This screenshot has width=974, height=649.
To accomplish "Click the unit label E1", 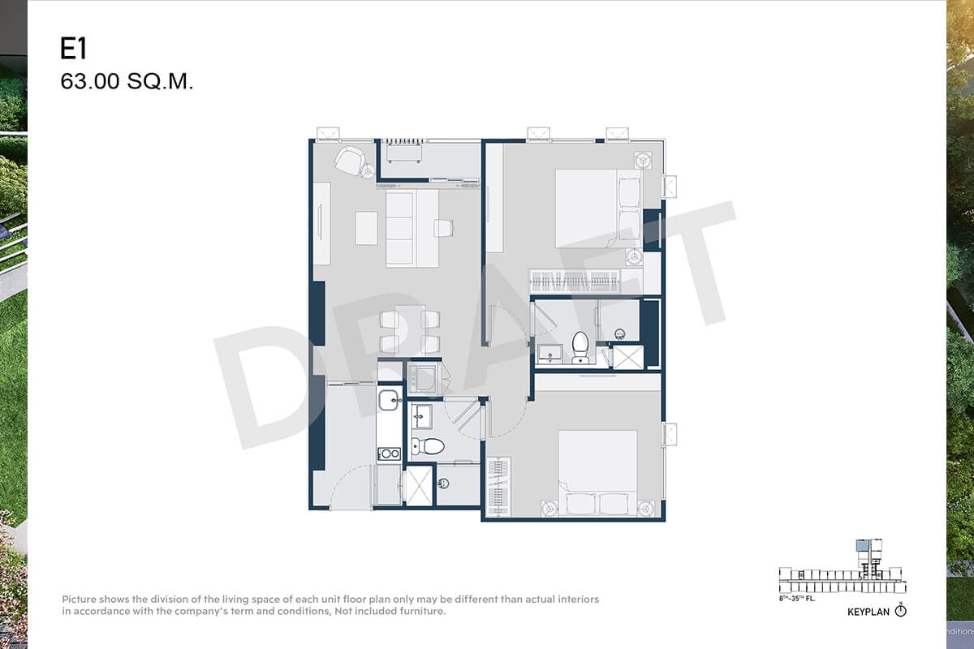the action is point(74,48).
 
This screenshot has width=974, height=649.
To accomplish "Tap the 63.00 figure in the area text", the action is point(90,81).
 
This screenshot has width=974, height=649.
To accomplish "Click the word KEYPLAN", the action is point(868,612).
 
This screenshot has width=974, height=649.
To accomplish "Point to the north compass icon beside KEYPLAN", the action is point(900,610).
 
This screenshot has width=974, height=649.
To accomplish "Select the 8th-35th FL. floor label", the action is point(797,599).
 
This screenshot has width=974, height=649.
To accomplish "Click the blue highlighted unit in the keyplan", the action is point(861,545).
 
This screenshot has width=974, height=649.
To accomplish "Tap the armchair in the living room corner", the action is point(349,161).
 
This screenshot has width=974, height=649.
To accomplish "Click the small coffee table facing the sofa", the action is point(366,228).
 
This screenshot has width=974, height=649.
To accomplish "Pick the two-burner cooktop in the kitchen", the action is point(389,453).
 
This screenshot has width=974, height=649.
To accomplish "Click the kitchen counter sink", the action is point(388,400).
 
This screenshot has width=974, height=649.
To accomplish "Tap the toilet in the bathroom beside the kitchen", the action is point(428,446).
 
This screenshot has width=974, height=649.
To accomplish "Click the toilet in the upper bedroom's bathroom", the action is point(580,347).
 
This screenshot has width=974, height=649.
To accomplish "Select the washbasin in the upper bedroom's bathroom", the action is point(550,354).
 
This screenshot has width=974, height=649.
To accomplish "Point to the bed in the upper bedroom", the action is point(598,208).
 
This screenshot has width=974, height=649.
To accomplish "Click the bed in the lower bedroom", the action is point(598,473).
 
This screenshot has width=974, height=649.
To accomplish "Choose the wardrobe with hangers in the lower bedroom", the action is point(498,487).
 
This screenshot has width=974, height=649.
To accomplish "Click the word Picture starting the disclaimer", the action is point(80,599).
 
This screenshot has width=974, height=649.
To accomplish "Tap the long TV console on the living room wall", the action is point(321,223).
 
